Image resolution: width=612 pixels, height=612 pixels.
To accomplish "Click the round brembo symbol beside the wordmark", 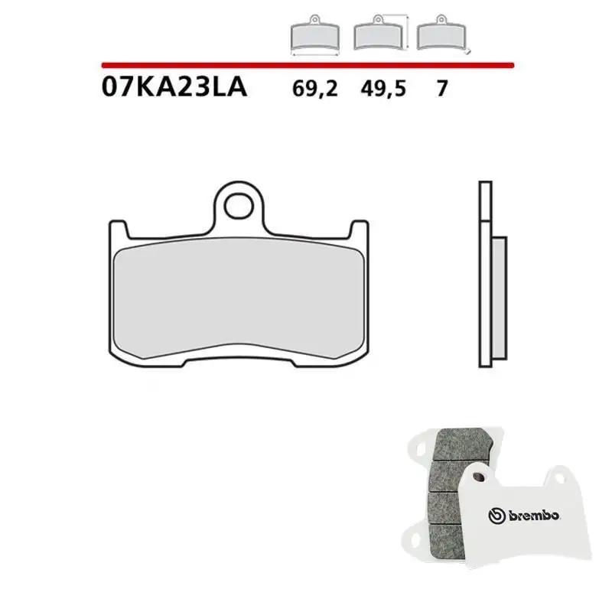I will tap(496, 517).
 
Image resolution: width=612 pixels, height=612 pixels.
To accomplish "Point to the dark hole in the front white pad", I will tap(479, 477).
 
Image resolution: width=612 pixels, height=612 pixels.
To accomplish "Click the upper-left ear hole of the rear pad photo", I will tap(419, 444).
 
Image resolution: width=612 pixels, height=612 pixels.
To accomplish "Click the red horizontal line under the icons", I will tap(306, 66).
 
